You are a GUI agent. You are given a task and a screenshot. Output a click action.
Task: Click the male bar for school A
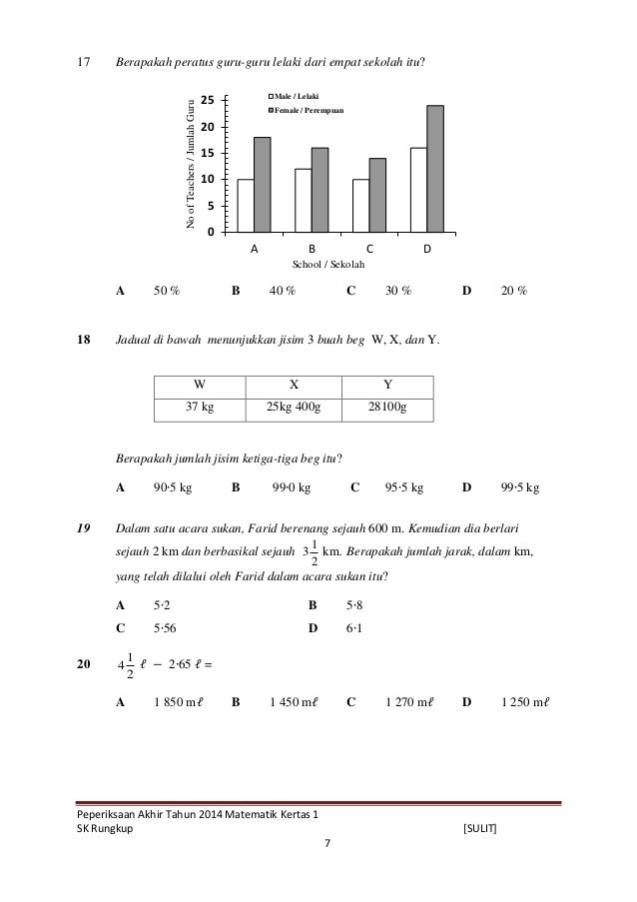[x=245, y=205]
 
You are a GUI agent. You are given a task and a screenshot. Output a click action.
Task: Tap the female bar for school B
[x=319, y=189]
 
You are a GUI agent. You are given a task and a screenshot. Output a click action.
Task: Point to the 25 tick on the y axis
[x=208, y=101]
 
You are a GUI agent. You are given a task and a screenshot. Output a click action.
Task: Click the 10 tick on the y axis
[x=208, y=180]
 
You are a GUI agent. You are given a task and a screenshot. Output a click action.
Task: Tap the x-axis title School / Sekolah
[x=327, y=264]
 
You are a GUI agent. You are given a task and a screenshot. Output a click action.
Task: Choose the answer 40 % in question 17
[x=283, y=292]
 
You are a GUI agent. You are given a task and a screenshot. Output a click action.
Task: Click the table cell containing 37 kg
[x=201, y=409]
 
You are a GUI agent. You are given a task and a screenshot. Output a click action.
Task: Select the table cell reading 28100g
[x=386, y=409]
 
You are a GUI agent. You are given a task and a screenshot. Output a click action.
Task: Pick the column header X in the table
[x=294, y=384]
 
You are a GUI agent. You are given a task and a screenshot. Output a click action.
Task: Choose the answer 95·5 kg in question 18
[x=403, y=488]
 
